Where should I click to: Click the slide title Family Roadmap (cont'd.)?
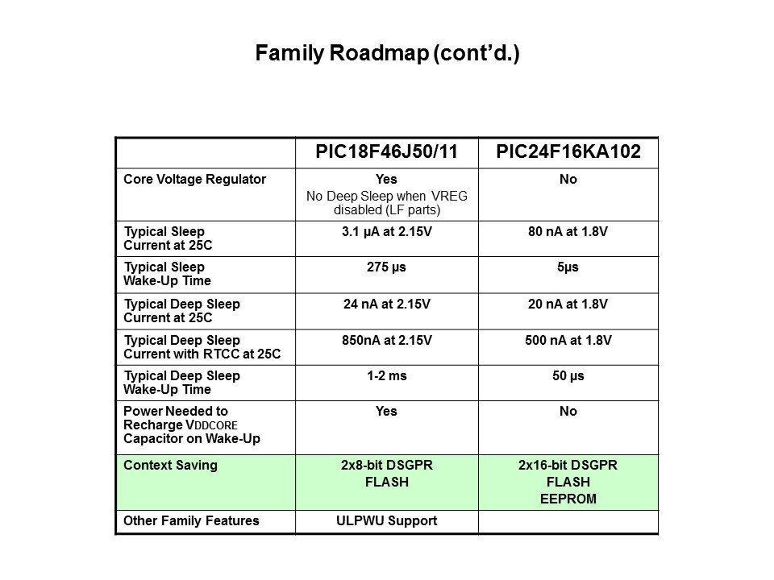(387, 53)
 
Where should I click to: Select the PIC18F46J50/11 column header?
(386, 151)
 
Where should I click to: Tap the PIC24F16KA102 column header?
(568, 151)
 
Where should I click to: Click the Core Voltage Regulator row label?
(194, 179)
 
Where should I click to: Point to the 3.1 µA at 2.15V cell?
(386, 231)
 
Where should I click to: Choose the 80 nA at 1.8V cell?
(568, 231)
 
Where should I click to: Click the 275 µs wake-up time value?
(386, 267)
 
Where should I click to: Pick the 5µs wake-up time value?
(568, 267)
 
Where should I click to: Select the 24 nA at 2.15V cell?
(386, 304)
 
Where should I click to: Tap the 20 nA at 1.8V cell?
(568, 304)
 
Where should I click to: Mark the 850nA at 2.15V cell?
(386, 340)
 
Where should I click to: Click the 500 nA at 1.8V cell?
(568, 340)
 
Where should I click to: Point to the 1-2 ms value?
(386, 376)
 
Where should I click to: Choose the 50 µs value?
(568, 376)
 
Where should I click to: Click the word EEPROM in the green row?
(568, 499)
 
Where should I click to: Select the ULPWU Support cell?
(386, 521)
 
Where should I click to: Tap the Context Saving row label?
(170, 465)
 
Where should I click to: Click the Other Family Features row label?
(191, 521)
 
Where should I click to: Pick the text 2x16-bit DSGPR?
(568, 465)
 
